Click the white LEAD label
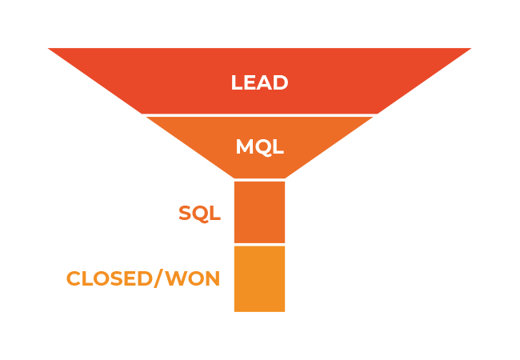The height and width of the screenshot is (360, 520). pos(259,82)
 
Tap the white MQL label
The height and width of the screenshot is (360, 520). pos(259,147)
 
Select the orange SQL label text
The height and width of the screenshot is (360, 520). pos(199,214)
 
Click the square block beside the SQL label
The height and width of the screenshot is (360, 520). pos(259,212)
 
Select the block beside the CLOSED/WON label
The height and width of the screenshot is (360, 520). pos(259,278)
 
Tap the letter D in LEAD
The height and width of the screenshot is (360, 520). pos(281,82)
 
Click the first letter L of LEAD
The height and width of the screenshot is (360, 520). pos(237,82)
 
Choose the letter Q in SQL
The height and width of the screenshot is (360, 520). pos(201,214)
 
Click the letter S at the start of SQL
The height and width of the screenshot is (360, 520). pos(186,214)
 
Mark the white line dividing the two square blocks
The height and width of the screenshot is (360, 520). pos(259,244)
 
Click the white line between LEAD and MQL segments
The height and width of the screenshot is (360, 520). pos(259,115)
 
